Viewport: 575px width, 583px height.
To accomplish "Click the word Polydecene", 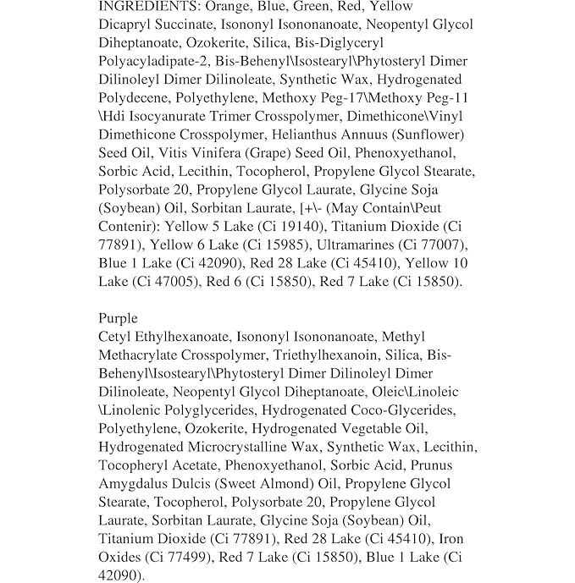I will pyautogui.click(x=134, y=99).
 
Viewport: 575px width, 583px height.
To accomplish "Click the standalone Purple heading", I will pyautogui.click(x=119, y=319).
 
